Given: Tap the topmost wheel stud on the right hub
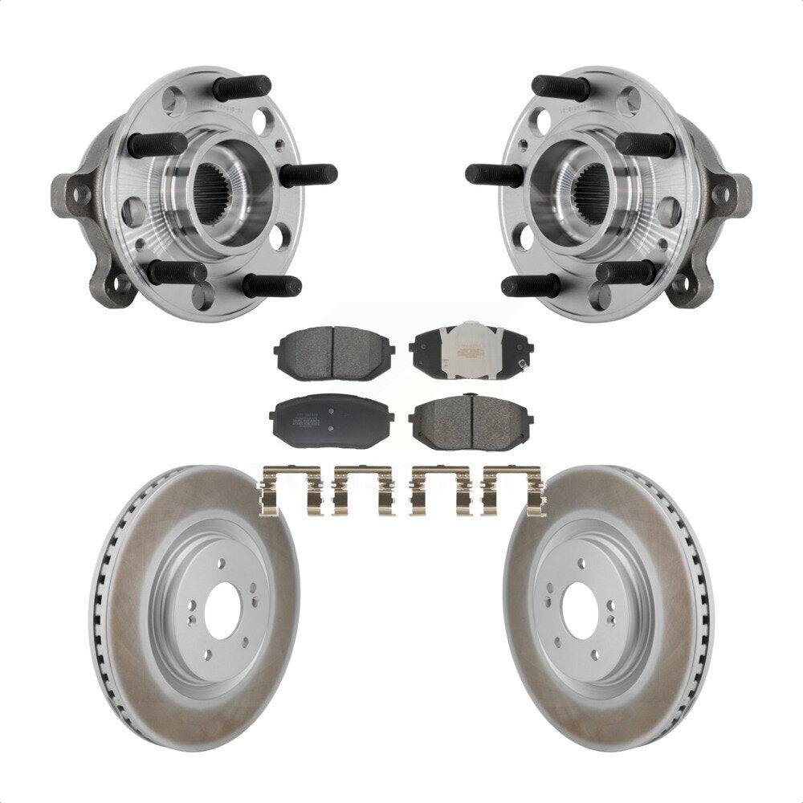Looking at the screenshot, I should (560, 87).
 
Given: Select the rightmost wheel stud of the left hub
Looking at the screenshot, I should (308, 173).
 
